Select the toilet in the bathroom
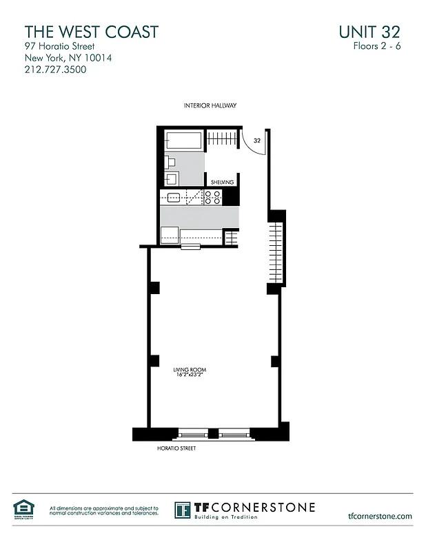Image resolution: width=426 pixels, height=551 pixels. click(171, 163)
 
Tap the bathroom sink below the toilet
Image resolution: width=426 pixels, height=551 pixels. click(172, 178)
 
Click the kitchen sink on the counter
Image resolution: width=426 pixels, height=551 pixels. click(173, 198)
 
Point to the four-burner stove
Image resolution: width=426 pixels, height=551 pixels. click(213, 198)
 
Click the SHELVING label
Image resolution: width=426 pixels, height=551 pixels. click(223, 182)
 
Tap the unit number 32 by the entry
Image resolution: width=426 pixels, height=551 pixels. click(257, 140)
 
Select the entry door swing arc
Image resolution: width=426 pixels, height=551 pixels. click(249, 144)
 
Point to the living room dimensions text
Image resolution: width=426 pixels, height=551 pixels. click(190, 376)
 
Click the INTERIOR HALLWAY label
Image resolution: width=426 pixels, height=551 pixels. click(210, 105)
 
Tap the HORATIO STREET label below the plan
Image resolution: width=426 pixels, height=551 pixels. click(177, 448)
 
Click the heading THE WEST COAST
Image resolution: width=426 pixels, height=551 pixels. click(92, 32)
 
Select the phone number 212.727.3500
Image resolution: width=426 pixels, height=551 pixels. click(56, 70)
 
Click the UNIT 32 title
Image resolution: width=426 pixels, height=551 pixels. click(369, 32)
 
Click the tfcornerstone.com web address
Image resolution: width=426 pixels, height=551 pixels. click(381, 516)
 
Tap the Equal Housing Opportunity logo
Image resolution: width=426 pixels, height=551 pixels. click(23, 510)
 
